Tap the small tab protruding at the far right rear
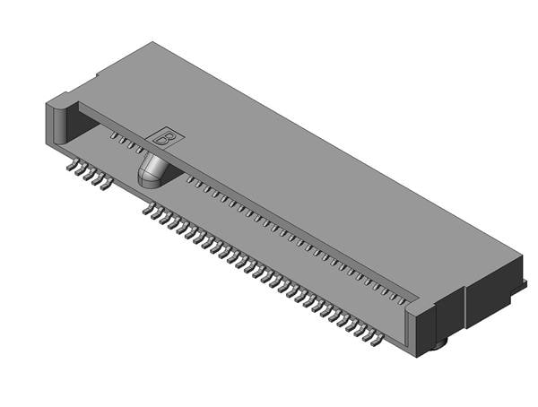pos(522,285)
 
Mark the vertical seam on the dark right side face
pos(464,309)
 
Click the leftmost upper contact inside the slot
pos(115,136)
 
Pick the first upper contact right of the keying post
pos(190,180)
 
